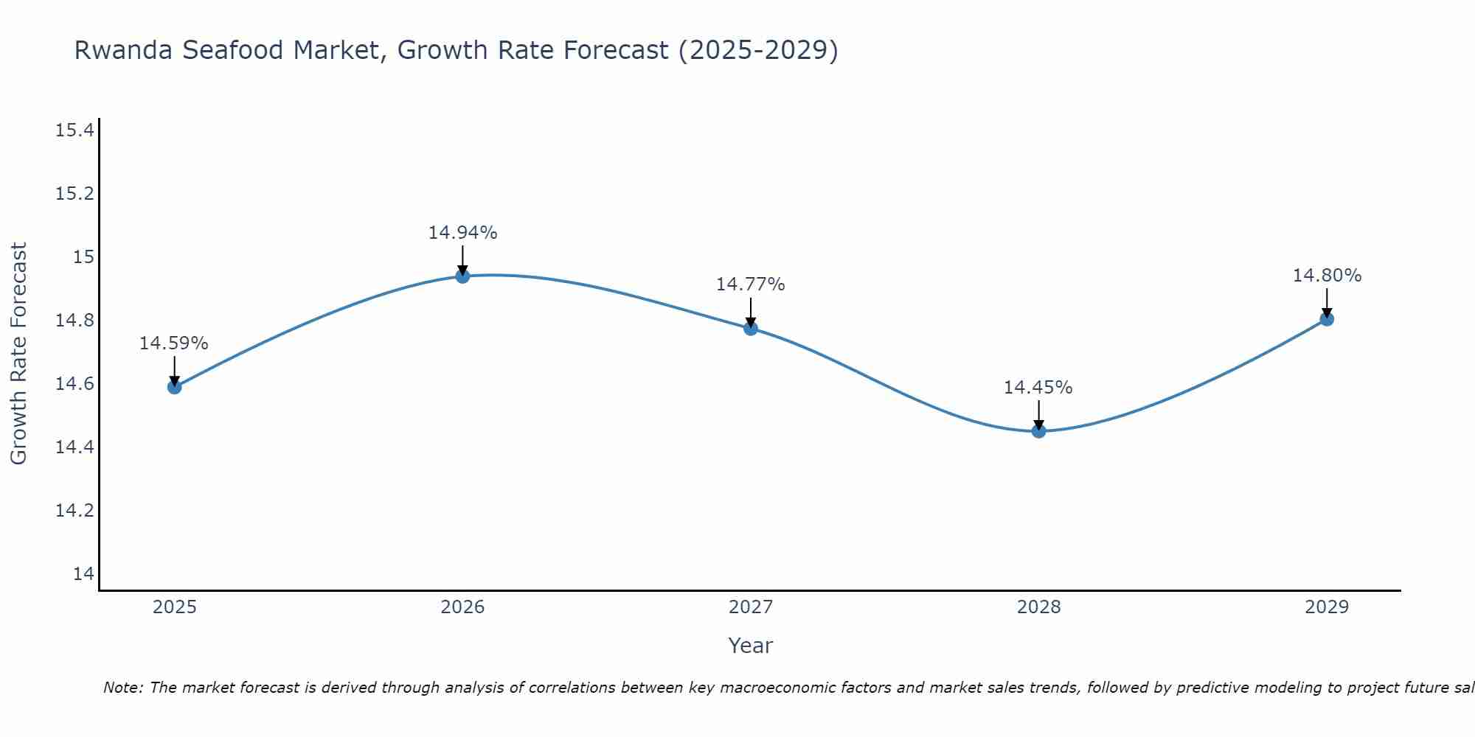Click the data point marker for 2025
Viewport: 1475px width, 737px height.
point(174,387)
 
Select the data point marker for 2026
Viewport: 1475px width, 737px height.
point(462,276)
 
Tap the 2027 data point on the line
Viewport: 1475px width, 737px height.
point(751,328)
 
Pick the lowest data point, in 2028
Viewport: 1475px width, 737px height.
point(1038,431)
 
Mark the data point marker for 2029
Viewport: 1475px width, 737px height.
point(1327,319)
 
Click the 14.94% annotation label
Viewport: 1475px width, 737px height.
point(462,233)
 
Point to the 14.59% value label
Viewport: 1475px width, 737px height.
point(174,343)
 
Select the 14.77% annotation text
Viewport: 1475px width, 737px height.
point(751,284)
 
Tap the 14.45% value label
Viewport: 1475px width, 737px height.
point(1038,388)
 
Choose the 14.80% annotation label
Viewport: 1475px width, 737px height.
point(1327,276)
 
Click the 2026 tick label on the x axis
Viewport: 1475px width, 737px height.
point(462,607)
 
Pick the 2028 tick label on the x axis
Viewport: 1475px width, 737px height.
point(1038,607)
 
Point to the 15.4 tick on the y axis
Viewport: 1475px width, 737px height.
point(74,131)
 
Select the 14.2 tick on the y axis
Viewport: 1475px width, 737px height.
point(74,511)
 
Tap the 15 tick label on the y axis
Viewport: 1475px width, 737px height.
point(83,257)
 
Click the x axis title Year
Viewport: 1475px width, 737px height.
point(751,646)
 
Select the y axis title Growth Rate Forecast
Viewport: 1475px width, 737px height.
point(18,354)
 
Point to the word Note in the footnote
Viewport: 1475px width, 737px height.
point(123,688)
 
